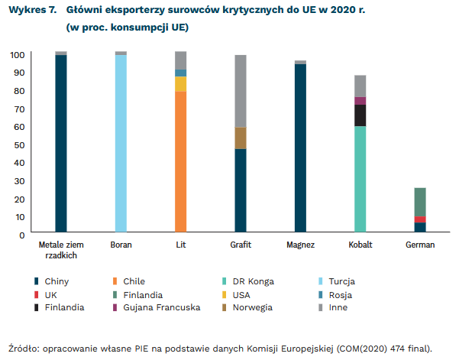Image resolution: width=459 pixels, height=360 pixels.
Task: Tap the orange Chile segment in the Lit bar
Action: (x=180, y=161)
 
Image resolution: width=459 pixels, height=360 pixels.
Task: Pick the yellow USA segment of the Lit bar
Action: (x=180, y=84)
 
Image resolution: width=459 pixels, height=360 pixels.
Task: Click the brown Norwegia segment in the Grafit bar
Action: (x=241, y=138)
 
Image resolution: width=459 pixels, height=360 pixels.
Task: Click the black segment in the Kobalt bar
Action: (x=360, y=115)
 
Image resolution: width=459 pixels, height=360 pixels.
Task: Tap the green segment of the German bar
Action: (x=420, y=202)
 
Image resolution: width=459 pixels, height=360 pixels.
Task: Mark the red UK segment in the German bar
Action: (x=420, y=219)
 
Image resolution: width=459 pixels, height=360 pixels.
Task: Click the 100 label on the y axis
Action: (x=17, y=55)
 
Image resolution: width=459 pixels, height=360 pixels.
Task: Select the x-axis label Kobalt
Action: (x=360, y=245)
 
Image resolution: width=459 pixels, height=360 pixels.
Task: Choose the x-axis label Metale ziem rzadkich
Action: (x=61, y=250)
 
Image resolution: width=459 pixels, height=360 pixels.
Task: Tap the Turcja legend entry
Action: (x=341, y=281)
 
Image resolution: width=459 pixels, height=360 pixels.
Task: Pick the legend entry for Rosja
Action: (x=340, y=294)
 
